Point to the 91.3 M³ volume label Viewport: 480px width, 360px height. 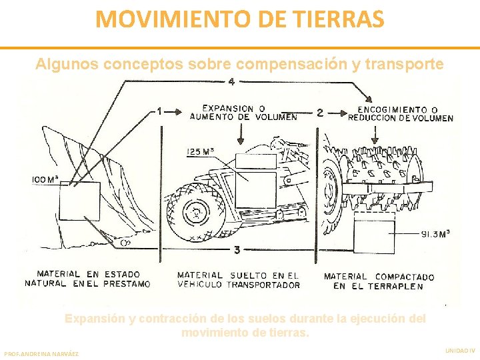pos(435,233)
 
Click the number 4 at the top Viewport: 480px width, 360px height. pos(231,82)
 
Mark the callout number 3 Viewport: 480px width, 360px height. pos(237,250)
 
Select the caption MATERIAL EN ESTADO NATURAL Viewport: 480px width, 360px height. pos(87,279)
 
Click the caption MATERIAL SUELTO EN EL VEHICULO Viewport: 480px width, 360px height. pos(238,279)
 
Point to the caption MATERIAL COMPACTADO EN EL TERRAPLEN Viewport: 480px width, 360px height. pos(378,281)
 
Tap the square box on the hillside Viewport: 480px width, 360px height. pos(79,201)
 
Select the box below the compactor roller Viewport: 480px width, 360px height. pos(374,237)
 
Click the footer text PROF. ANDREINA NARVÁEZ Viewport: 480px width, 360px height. pos(41,353)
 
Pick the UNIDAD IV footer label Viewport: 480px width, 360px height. pos(459,349)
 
